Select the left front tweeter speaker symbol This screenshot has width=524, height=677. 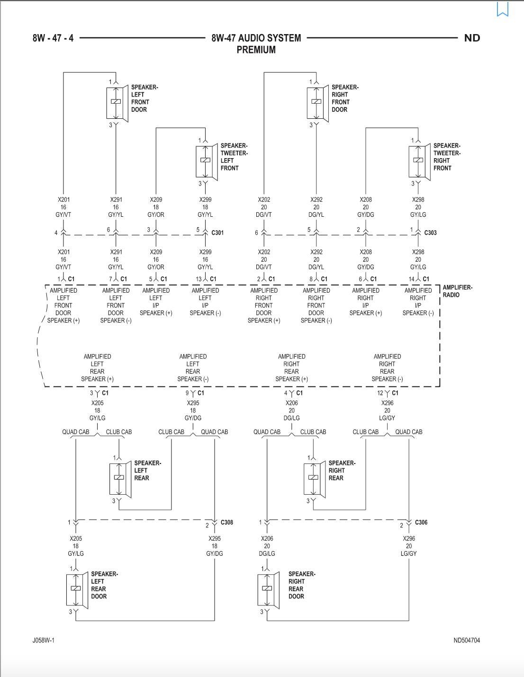pyautogui.click(x=206, y=161)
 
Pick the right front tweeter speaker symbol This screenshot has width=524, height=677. pyautogui.click(x=419, y=161)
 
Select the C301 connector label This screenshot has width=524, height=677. pyautogui.click(x=217, y=233)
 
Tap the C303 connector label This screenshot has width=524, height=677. pyautogui.click(x=430, y=233)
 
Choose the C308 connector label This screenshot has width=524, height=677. pyautogui.click(x=227, y=523)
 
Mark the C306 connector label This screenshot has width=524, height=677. pyautogui.click(x=421, y=523)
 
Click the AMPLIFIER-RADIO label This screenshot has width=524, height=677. pyautogui.click(x=457, y=291)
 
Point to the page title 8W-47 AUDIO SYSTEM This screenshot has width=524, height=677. pyautogui.click(x=256, y=38)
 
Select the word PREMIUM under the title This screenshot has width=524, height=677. pyautogui.click(x=256, y=50)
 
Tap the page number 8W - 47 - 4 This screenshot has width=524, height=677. pyautogui.click(x=53, y=38)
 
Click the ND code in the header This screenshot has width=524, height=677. pyautogui.click(x=472, y=38)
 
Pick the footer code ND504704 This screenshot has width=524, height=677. pyautogui.click(x=466, y=641)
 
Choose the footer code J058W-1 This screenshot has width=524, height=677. pyautogui.click(x=44, y=641)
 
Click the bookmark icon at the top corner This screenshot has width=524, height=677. pyautogui.click(x=502, y=9)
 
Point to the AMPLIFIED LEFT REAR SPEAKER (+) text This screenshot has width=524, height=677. pyautogui.click(x=97, y=368)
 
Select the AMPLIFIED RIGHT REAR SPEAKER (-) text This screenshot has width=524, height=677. pyautogui.click(x=387, y=368)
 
